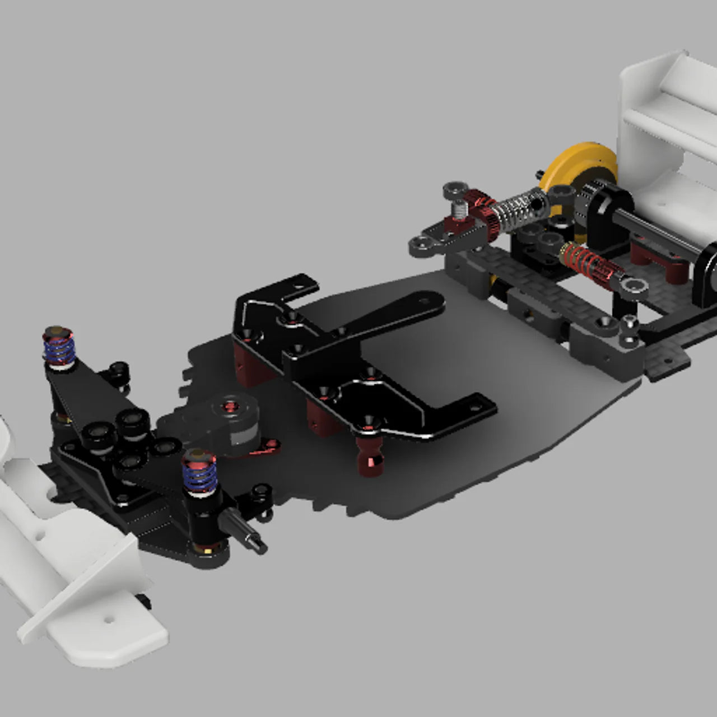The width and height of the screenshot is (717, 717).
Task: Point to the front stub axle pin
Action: tap(246, 536)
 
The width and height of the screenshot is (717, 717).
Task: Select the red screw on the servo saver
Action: tap(230, 404)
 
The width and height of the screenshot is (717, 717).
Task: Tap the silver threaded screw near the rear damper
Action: tap(460, 211)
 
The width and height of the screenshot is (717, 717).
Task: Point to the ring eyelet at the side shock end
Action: tap(634, 286)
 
